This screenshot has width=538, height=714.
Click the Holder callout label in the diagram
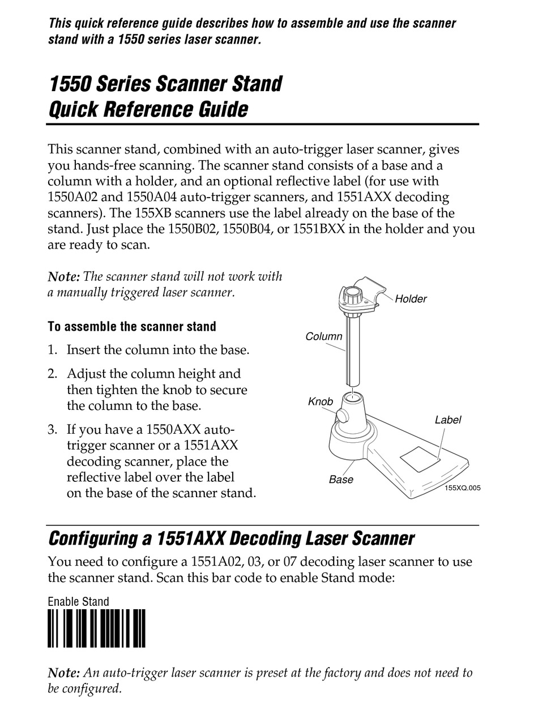[411, 299]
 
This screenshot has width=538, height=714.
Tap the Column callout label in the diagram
[324, 336]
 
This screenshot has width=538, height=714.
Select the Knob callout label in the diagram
[321, 401]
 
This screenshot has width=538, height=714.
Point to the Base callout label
[341, 480]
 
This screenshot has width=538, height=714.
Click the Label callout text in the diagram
[448, 420]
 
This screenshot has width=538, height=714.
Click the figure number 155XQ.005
[462, 488]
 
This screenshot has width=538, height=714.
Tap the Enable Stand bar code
[96, 628]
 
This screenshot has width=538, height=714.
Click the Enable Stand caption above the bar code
[78, 601]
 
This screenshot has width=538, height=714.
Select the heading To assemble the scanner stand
[132, 327]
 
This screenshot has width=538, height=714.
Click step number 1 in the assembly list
[52, 350]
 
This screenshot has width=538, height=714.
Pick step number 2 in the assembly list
[52, 374]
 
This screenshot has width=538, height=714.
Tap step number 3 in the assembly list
[52, 429]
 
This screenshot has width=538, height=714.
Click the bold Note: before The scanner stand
[63, 277]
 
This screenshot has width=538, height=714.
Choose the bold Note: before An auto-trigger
[63, 673]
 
